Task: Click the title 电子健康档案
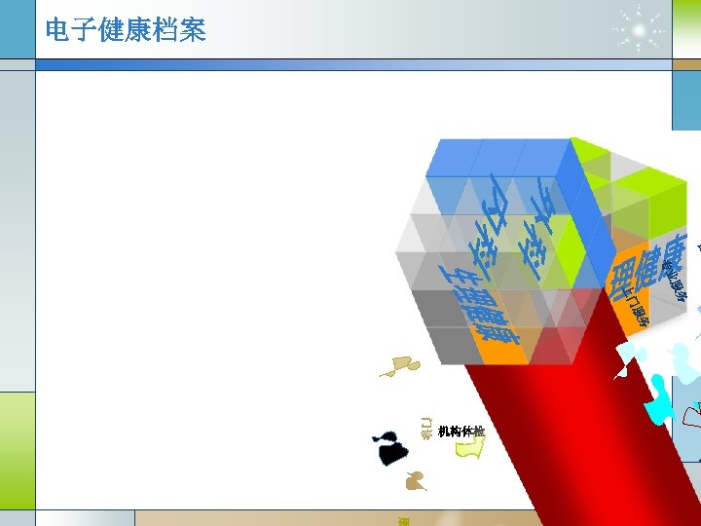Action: pyautogui.click(x=126, y=30)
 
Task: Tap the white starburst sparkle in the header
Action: pyautogui.click(x=640, y=29)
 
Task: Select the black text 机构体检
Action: pyautogui.click(x=461, y=432)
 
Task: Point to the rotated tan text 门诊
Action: pyautogui.click(x=426, y=427)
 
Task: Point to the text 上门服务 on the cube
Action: pyautogui.click(x=634, y=303)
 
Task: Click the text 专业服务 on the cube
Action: pyautogui.click(x=675, y=282)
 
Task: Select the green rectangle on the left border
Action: pyautogui.click(x=17, y=449)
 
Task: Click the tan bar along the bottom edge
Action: pyautogui.click(x=331, y=517)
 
